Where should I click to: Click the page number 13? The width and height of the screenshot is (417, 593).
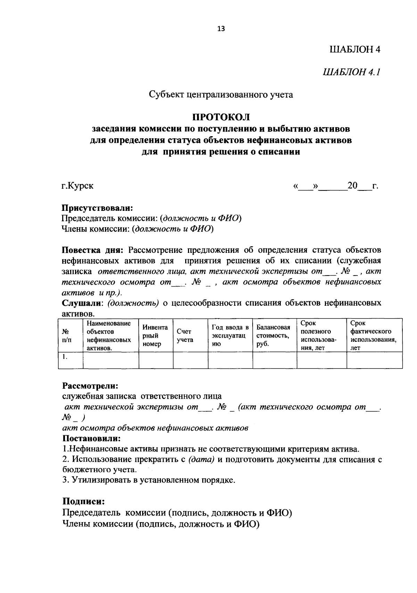coord(221,29)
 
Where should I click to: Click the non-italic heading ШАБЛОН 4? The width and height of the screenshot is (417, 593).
coord(354,49)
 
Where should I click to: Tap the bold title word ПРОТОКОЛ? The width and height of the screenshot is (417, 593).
coord(221,117)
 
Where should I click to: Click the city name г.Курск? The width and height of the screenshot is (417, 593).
coord(77,186)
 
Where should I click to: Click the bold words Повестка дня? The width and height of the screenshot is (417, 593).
coord(93,250)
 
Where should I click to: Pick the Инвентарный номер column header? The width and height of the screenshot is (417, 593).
coord(155,336)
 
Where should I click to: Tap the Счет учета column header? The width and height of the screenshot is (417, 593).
coord(185,336)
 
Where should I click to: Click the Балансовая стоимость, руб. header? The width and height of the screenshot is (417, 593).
coord(273,336)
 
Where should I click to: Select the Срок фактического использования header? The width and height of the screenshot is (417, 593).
coord(373,336)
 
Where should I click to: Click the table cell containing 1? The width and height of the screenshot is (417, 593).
coord(65,356)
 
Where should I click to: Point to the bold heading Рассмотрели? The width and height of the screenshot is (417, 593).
coord(90,386)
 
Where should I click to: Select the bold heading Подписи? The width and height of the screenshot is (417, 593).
coord(84,501)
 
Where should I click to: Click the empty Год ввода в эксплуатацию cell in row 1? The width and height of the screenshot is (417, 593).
coord(230,360)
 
